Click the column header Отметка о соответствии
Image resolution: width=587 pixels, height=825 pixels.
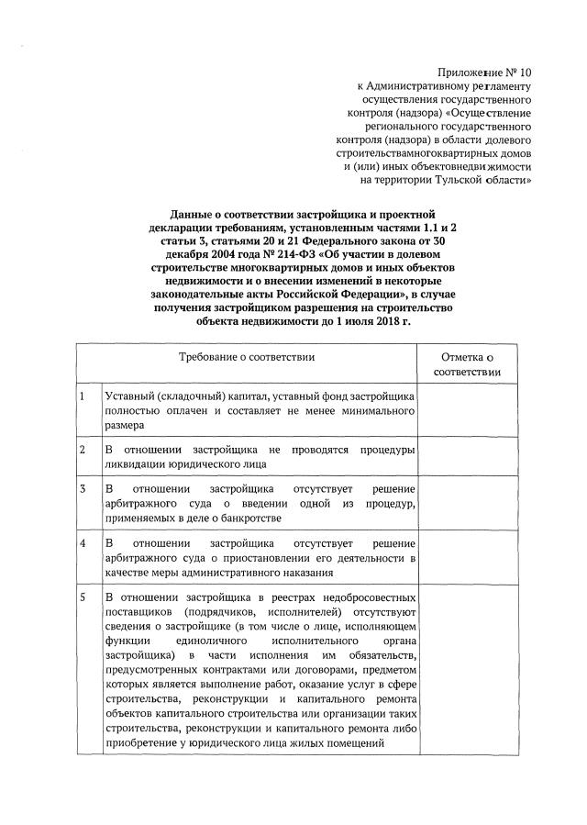click(467, 364)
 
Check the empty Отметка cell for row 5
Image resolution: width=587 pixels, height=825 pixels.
click(467, 674)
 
